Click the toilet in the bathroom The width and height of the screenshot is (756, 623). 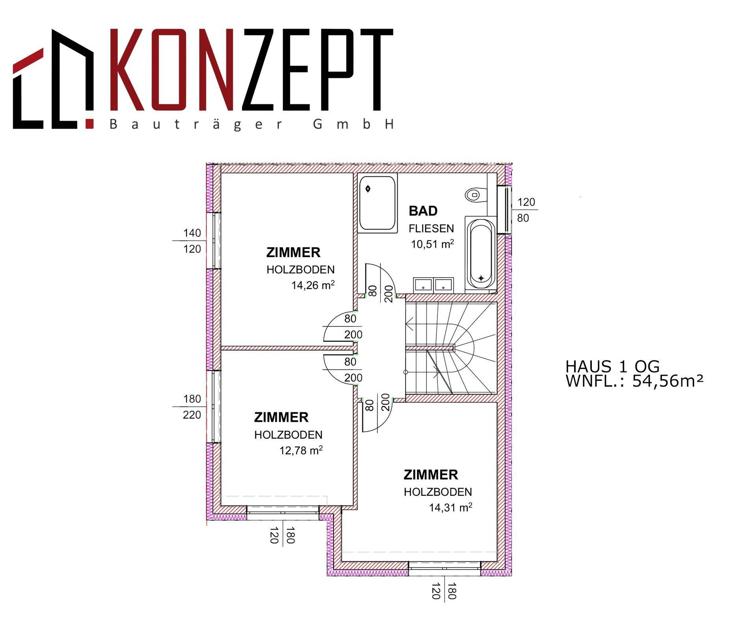point(474,195)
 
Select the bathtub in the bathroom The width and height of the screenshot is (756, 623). point(480,253)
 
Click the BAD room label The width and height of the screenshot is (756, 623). point(423,211)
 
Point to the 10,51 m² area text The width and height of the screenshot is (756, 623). point(432,244)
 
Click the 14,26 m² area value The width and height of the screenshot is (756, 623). point(313,285)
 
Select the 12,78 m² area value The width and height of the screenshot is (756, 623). point(301,450)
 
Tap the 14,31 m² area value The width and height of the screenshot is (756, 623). point(450,507)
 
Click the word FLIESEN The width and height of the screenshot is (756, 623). point(431,228)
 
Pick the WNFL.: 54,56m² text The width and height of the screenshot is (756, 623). point(634,381)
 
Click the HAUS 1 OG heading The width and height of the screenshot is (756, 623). point(612,367)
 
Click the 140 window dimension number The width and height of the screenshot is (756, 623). point(192,233)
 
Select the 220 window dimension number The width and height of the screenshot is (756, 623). point(192,415)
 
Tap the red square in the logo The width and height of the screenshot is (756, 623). point(89,123)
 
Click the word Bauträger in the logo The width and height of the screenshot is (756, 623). point(196,124)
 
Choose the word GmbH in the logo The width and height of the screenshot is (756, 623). point(353,124)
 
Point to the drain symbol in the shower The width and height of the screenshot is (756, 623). point(368,189)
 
